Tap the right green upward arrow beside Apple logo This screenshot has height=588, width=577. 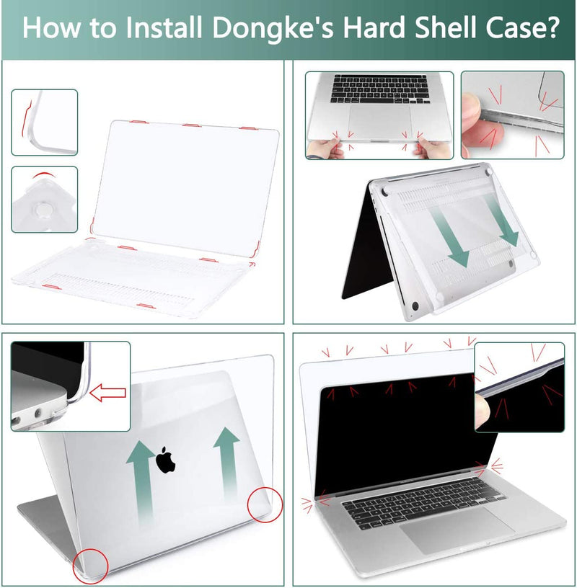pos(227,461)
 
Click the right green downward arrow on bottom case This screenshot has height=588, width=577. pos(503,220)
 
